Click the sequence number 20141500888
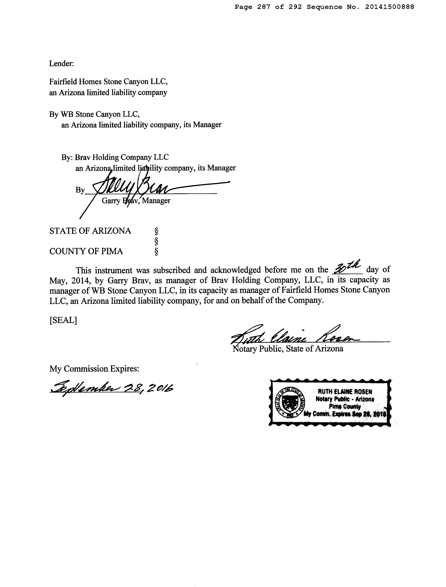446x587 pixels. click(x=389, y=7)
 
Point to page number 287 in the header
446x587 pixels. click(x=264, y=7)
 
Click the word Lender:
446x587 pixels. click(x=61, y=64)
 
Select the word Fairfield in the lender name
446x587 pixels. click(x=63, y=82)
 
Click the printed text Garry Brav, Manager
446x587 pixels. click(x=136, y=201)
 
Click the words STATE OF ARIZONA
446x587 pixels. click(x=90, y=231)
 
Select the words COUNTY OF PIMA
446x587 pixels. click(x=86, y=251)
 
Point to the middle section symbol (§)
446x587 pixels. click(x=156, y=241)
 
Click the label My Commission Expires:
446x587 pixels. click(x=94, y=369)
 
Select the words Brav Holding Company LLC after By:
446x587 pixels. click(x=122, y=157)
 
